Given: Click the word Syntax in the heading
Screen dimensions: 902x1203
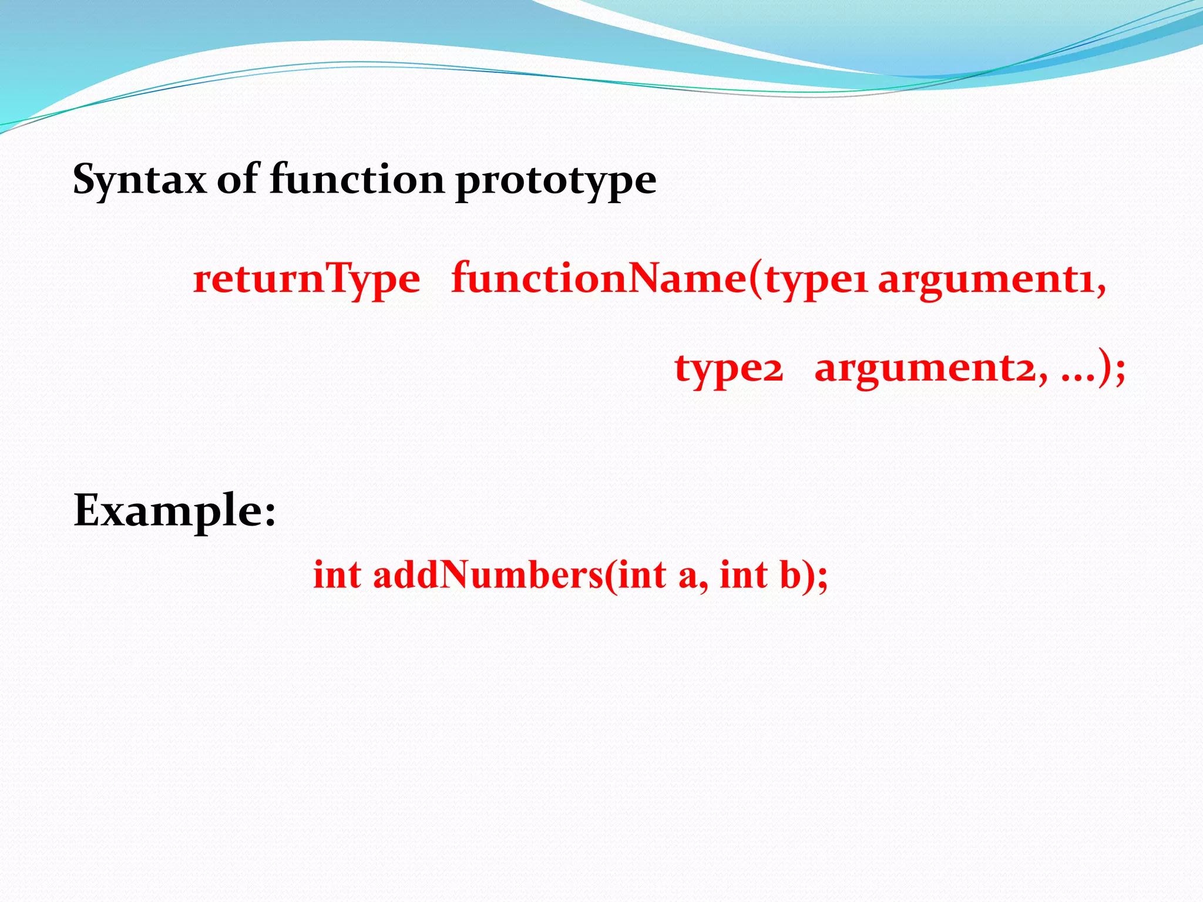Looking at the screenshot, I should [139, 180].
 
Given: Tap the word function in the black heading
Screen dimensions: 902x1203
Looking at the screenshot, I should [357, 179].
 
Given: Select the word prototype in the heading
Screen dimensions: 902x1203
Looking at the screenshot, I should [555, 181].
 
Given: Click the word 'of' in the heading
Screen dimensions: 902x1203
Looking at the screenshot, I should [238, 179].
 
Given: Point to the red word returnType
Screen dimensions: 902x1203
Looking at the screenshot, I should [306, 279].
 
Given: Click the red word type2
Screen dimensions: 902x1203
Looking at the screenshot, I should [728, 369].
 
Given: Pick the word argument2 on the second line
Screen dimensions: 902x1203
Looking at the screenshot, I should [925, 369].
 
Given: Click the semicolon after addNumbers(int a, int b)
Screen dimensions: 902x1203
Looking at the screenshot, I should [823, 579].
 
